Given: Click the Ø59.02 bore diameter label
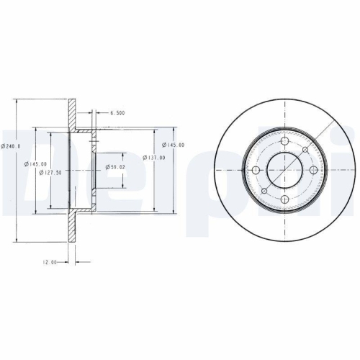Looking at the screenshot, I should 116,167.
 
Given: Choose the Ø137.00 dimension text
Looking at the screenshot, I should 154,158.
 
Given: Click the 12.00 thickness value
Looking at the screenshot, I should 49,262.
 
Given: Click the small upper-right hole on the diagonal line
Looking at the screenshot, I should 306,150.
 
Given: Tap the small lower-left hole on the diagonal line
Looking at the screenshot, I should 266,190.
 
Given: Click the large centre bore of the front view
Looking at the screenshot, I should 287,170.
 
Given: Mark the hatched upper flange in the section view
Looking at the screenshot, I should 71,115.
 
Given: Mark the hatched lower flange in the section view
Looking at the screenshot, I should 71,227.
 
